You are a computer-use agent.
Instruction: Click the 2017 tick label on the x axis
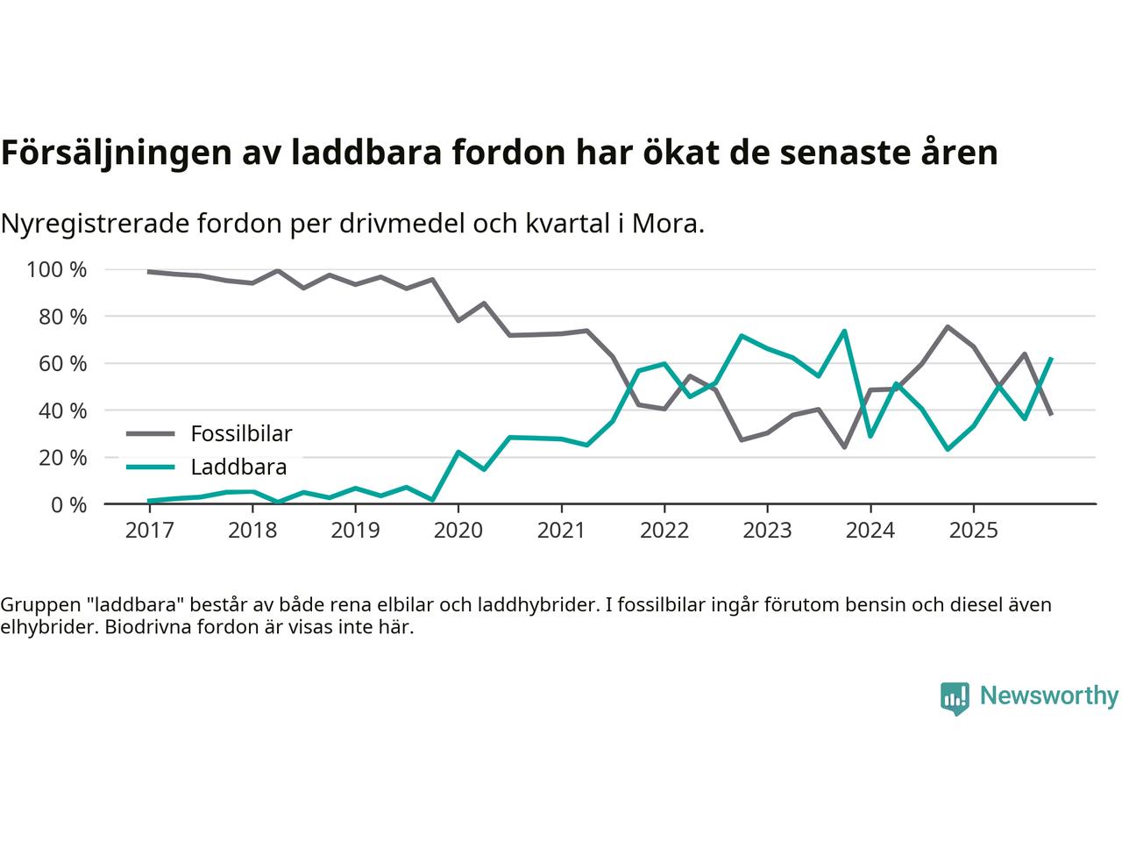[x=149, y=531]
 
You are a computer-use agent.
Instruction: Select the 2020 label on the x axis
[x=458, y=531]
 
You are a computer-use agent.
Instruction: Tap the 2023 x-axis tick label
[x=767, y=531]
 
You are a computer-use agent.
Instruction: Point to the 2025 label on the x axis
[x=973, y=531]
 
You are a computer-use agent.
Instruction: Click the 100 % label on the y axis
[x=57, y=269]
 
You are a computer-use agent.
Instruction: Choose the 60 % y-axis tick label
[x=62, y=363]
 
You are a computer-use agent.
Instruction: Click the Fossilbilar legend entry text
[x=241, y=433]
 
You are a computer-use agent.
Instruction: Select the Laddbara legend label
[x=238, y=467]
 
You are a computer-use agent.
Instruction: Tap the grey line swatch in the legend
[x=150, y=433]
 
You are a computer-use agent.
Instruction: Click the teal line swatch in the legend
[x=150, y=467]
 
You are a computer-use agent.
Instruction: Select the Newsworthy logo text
[x=1048, y=696]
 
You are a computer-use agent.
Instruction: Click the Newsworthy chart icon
[x=955, y=698]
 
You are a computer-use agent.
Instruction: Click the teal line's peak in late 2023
[x=844, y=331]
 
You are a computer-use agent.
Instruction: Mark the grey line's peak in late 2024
[x=948, y=327]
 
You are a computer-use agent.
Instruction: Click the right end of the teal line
[x=1051, y=358]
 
